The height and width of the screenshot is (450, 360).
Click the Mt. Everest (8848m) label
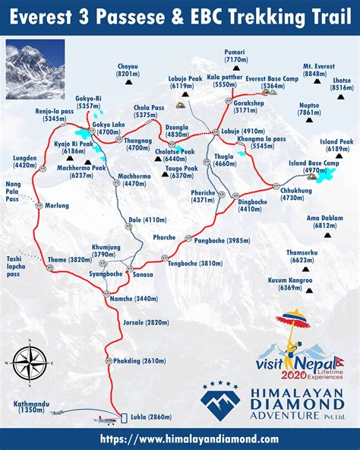321,68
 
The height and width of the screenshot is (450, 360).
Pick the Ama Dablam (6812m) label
321,221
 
